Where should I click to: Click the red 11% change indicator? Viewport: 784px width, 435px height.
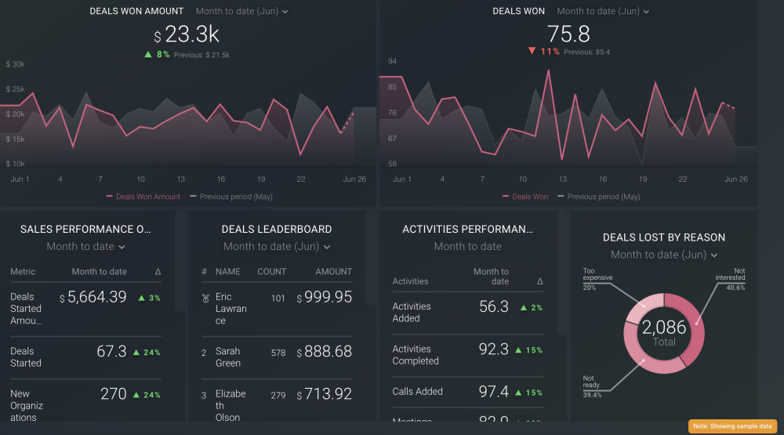point(543,52)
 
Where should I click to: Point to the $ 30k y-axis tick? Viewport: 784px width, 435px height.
point(16,64)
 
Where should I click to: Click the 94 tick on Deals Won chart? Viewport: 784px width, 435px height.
point(393,61)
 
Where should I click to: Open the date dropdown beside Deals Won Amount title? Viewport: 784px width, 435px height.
point(241,12)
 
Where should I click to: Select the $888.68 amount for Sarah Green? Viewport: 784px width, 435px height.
point(324,352)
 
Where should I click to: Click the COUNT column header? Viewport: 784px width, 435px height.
point(272,272)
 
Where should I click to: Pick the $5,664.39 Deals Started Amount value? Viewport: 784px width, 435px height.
point(93,297)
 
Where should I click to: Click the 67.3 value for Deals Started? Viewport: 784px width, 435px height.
point(111,352)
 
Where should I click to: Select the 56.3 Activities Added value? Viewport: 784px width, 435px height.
point(493,306)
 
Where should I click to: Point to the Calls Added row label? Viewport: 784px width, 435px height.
point(417,391)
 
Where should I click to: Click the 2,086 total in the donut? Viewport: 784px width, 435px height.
point(664,328)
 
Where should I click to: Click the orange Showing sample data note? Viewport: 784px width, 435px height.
point(732,426)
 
